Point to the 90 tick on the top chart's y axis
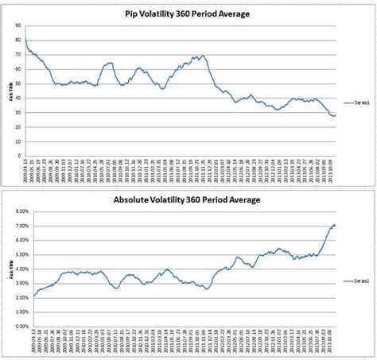(x=17, y=25)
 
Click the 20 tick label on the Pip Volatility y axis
(x=17, y=126)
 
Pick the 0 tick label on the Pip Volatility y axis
(x=19, y=155)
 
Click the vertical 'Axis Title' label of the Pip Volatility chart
(x=6, y=91)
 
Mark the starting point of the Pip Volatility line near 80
(x=25, y=40)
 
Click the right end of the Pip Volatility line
(x=336, y=115)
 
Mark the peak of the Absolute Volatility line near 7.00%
(x=333, y=225)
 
